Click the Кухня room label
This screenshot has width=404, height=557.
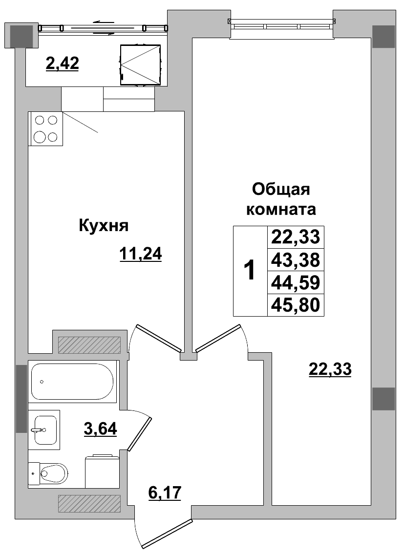(103, 226)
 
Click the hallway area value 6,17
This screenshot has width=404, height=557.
(165, 493)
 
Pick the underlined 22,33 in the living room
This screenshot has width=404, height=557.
(330, 369)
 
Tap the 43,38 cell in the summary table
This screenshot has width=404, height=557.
(295, 259)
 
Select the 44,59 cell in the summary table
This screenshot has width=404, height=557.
(295, 282)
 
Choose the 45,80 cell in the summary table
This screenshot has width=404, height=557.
(295, 305)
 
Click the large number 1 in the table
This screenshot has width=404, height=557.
(250, 270)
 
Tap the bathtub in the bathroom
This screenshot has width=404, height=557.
(72, 382)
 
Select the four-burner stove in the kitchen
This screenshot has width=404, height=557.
(46, 129)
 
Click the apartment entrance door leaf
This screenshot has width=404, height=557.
(165, 532)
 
